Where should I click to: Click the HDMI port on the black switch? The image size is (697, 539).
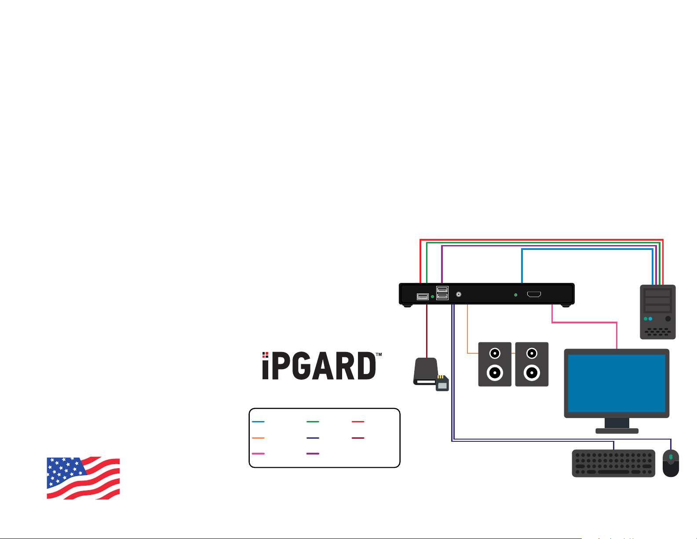(534, 294)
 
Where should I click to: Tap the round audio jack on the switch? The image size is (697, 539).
(459, 294)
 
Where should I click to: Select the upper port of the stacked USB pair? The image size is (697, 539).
(442, 290)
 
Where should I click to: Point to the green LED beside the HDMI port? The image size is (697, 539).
(516, 295)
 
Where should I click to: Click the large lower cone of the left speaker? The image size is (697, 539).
(495, 373)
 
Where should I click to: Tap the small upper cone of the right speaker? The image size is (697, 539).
(532, 354)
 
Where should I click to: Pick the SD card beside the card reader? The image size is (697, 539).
(442, 383)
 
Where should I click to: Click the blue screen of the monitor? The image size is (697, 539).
(617, 383)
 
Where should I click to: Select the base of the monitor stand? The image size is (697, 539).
(617, 431)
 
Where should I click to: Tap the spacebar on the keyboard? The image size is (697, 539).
(613, 472)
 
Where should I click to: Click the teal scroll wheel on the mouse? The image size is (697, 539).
(671, 457)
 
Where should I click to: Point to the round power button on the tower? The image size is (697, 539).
(668, 319)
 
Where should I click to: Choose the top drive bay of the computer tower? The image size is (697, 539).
(657, 293)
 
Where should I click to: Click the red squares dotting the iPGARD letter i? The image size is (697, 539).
(265, 355)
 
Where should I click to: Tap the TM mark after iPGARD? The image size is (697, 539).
(379, 355)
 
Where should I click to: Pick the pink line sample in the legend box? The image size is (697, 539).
(258, 454)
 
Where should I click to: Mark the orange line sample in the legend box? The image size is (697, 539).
(258, 438)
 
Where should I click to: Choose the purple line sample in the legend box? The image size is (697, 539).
(313, 454)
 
